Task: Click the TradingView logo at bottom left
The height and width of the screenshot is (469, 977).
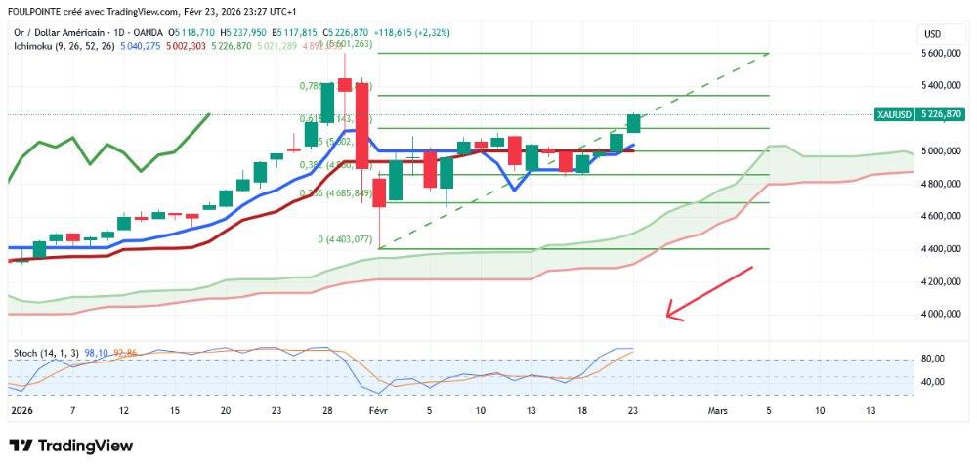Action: [70, 446]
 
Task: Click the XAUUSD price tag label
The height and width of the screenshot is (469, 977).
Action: [893, 114]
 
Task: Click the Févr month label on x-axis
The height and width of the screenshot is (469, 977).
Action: [379, 411]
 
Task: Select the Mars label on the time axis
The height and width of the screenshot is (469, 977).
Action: [718, 411]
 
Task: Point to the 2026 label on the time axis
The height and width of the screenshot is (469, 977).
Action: [21, 411]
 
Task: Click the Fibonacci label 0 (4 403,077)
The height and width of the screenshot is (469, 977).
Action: [345, 239]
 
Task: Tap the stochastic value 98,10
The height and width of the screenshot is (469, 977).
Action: [96, 352]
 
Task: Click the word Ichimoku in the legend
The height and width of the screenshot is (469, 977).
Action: [34, 45]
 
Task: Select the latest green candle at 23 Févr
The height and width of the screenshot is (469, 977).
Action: [633, 123]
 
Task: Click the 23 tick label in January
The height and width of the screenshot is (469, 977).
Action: [276, 411]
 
